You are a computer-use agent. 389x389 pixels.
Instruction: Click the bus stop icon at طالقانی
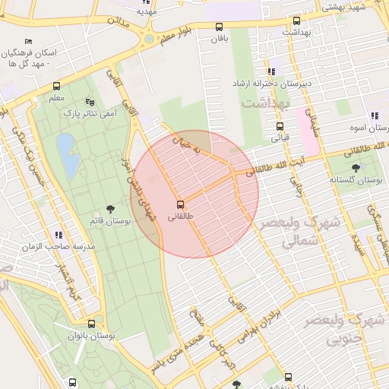(x=180, y=204)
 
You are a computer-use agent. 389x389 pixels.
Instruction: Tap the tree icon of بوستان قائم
(x=112, y=207)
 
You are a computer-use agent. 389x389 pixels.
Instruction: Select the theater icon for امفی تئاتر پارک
(x=90, y=101)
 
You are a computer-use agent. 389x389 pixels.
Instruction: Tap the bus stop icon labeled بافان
(x=220, y=26)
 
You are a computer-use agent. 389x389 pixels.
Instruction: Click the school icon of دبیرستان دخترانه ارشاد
(x=272, y=71)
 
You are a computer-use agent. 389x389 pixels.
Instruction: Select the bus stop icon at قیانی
(x=280, y=126)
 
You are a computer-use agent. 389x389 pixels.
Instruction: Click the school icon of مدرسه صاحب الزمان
(x=59, y=234)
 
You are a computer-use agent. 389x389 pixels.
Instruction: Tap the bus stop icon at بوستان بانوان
(x=91, y=323)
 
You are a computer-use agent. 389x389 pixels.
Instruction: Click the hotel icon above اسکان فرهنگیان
(x=29, y=41)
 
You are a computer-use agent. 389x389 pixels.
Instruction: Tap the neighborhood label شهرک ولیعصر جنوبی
(x=342, y=330)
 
